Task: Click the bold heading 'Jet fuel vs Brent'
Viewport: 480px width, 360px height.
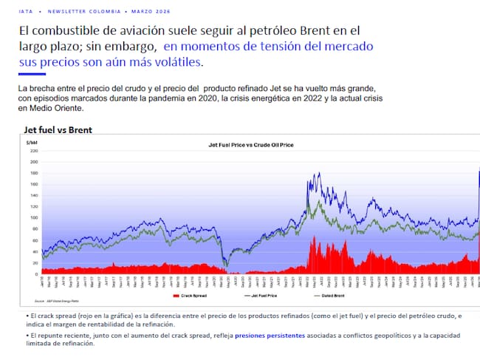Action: [x=58, y=130]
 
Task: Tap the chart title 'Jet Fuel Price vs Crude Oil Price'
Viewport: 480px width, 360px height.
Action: [x=251, y=145]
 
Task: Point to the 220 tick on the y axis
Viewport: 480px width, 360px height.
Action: [x=33, y=151]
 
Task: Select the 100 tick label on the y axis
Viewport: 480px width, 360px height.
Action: [x=33, y=218]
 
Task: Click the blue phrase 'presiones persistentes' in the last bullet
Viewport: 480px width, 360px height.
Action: [x=267, y=335]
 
